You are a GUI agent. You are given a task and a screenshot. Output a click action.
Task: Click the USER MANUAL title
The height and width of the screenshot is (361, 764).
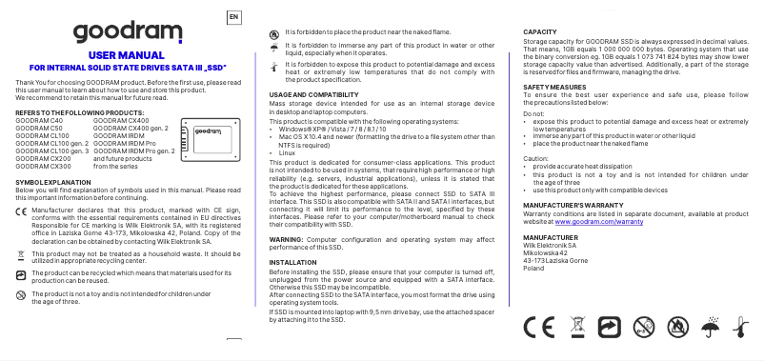point(127,56)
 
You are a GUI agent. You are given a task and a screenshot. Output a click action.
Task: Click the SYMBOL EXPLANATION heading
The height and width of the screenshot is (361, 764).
point(55,181)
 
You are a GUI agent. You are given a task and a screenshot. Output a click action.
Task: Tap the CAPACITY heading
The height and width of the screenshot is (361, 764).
point(540,32)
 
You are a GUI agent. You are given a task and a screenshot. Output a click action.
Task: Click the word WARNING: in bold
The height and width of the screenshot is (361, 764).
point(286,237)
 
